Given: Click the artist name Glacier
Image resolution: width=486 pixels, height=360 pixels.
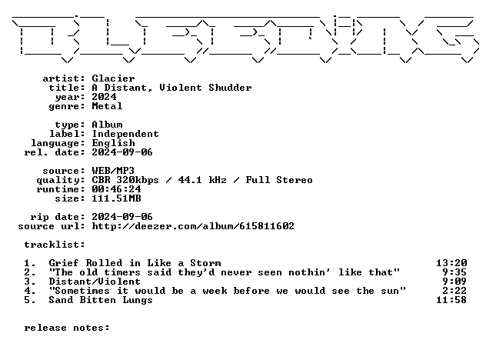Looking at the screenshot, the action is [x=113, y=78].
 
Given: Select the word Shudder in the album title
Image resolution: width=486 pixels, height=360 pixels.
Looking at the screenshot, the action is [x=230, y=88].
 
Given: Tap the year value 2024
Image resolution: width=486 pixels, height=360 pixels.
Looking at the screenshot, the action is [x=104, y=97].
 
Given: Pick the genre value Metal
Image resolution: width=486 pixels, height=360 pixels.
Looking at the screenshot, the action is [x=107, y=106].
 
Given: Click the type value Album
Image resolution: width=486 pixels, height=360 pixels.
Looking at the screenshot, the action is [x=107, y=125].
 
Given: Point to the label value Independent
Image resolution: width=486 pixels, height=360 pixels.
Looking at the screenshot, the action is [x=125, y=134].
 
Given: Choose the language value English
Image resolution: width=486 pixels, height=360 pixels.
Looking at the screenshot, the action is [x=113, y=143].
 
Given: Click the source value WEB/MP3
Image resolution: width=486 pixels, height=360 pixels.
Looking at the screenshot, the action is [x=113, y=171].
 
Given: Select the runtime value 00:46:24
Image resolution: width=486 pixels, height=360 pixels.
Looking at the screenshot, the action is [x=116, y=189].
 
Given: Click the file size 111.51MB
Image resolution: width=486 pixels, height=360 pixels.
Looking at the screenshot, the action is [x=116, y=198].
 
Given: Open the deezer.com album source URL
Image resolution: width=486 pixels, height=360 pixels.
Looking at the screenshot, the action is [x=193, y=226].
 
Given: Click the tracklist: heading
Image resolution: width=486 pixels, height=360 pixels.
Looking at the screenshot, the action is [x=55, y=245].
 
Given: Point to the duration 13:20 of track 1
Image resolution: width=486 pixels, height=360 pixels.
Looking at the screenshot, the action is [x=451, y=263].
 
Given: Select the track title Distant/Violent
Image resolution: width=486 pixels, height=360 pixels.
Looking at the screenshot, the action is [x=95, y=282].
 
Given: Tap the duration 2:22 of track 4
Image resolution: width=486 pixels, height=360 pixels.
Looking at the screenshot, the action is [x=454, y=291].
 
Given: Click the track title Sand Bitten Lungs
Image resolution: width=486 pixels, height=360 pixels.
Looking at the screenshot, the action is [x=101, y=300].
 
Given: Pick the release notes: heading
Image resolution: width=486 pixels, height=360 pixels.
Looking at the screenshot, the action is [x=67, y=328].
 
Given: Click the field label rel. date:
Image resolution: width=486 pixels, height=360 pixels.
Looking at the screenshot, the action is [x=55, y=152].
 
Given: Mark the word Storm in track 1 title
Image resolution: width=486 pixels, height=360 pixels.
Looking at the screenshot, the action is [x=205, y=263].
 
